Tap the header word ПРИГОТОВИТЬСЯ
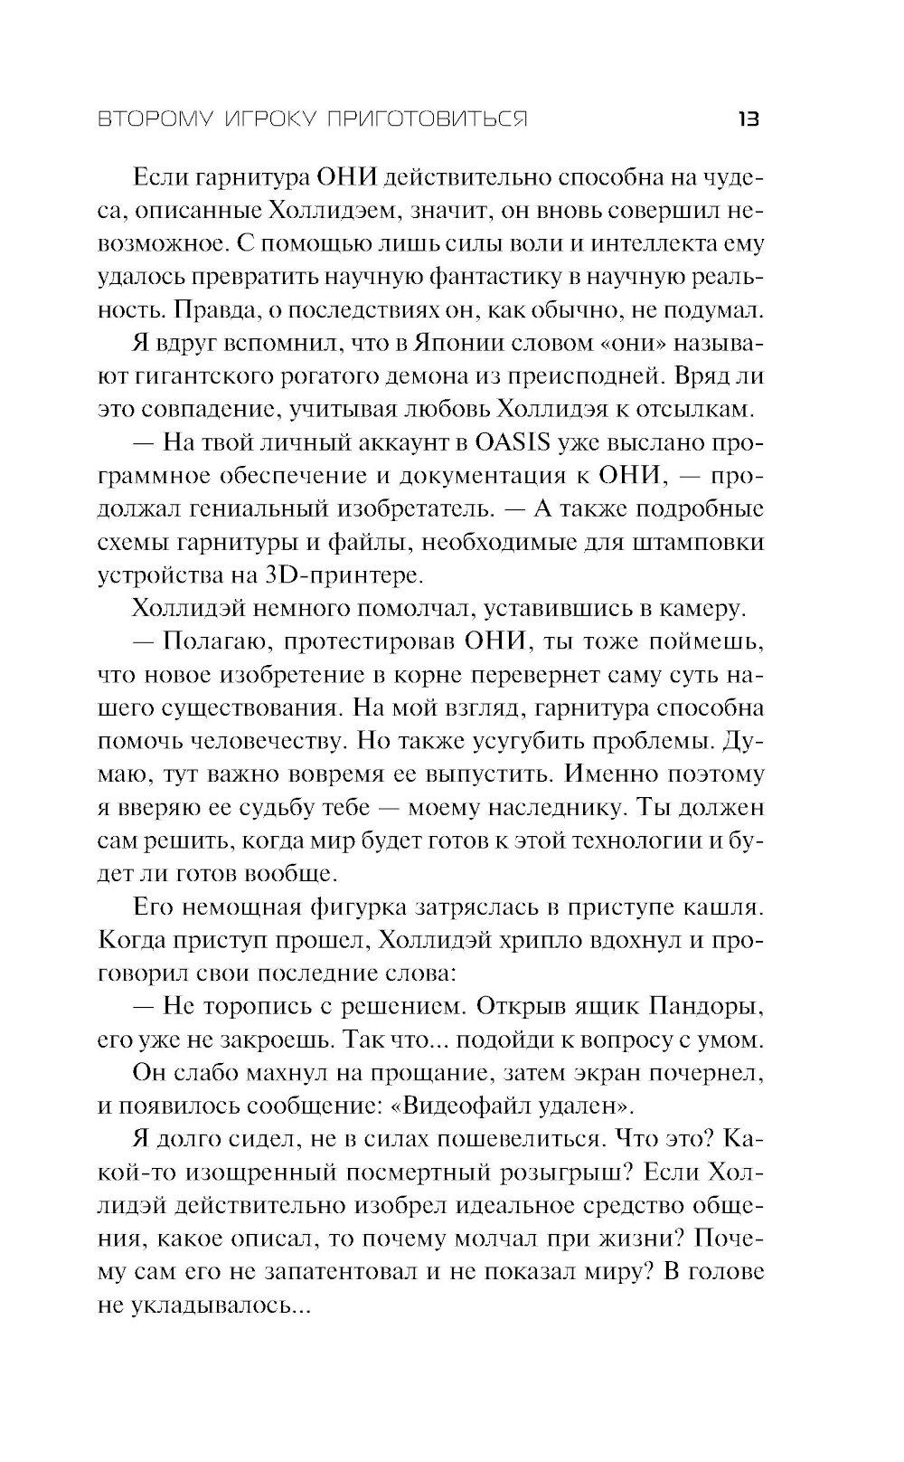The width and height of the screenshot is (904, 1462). tap(436, 119)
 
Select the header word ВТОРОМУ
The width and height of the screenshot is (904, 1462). tap(151, 119)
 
